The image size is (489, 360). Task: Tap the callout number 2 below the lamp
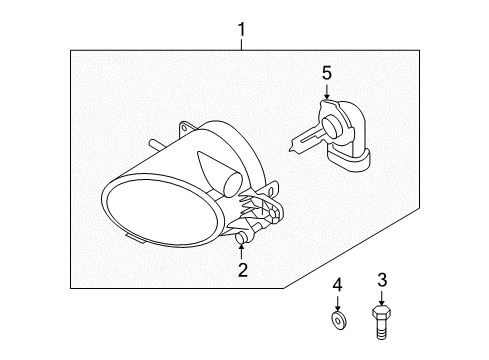pyautogui.click(x=241, y=269)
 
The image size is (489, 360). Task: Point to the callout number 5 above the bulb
pyautogui.click(x=325, y=72)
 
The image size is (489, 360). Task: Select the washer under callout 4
pyautogui.click(x=338, y=319)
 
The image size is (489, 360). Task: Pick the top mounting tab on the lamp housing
pyautogui.click(x=187, y=129)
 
